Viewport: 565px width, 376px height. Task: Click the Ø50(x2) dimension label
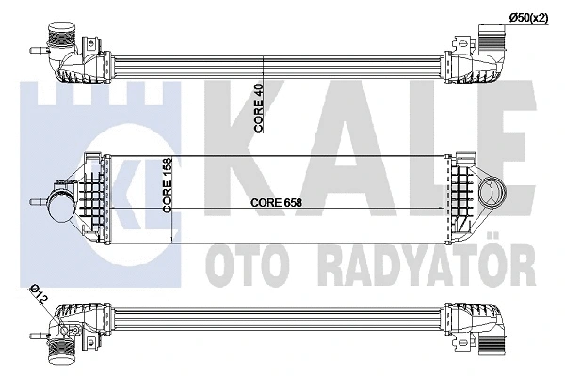click(528, 18)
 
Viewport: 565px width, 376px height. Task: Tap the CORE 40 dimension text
click(259, 107)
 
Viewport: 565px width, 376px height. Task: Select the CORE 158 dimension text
click(168, 185)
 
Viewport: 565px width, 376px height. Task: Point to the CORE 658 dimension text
click(276, 202)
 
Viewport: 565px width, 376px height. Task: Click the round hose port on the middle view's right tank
click(492, 194)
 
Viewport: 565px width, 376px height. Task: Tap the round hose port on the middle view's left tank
click(61, 206)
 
